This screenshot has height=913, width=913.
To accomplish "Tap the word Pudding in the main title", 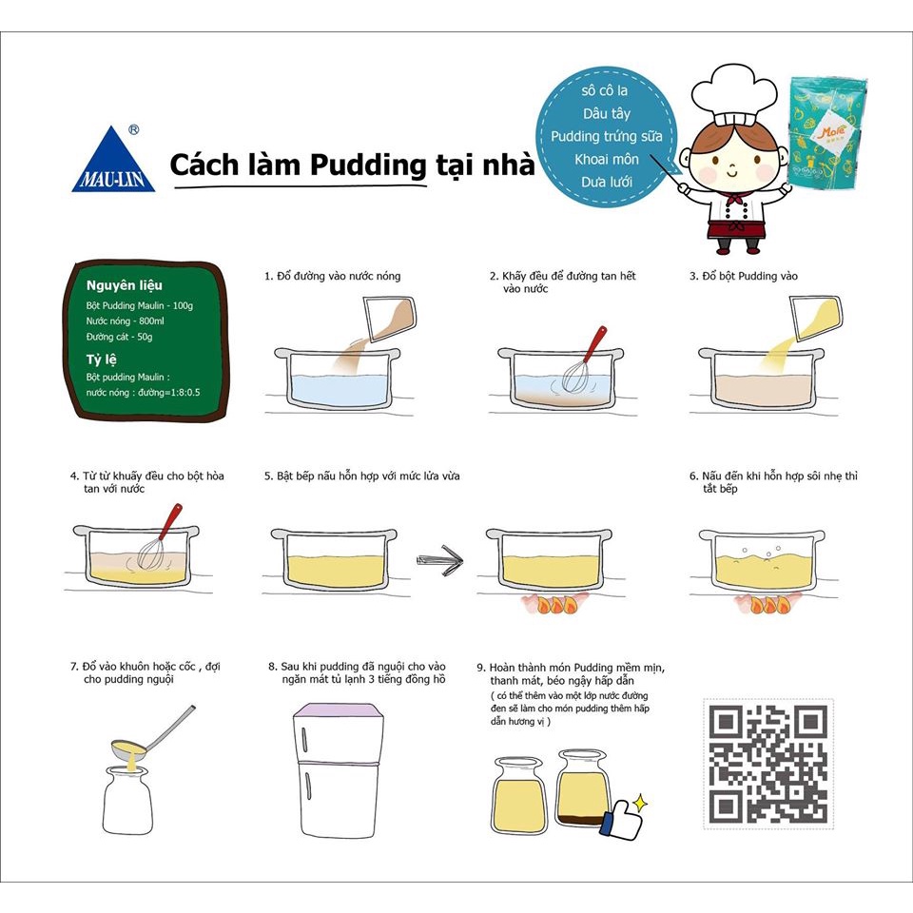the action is (x=368, y=165).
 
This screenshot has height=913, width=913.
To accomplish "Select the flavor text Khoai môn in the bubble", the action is (x=606, y=159).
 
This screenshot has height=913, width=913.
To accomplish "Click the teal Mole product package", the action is (x=826, y=134).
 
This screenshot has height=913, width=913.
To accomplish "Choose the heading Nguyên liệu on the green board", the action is (x=124, y=285).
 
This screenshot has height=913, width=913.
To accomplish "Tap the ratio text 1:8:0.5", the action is (x=183, y=393).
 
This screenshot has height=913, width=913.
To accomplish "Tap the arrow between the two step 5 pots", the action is (x=440, y=561).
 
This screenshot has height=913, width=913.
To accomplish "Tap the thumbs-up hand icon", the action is (x=621, y=819).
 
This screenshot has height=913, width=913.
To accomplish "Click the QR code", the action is (x=768, y=764).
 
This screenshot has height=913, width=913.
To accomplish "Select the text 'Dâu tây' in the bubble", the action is (x=606, y=113).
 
